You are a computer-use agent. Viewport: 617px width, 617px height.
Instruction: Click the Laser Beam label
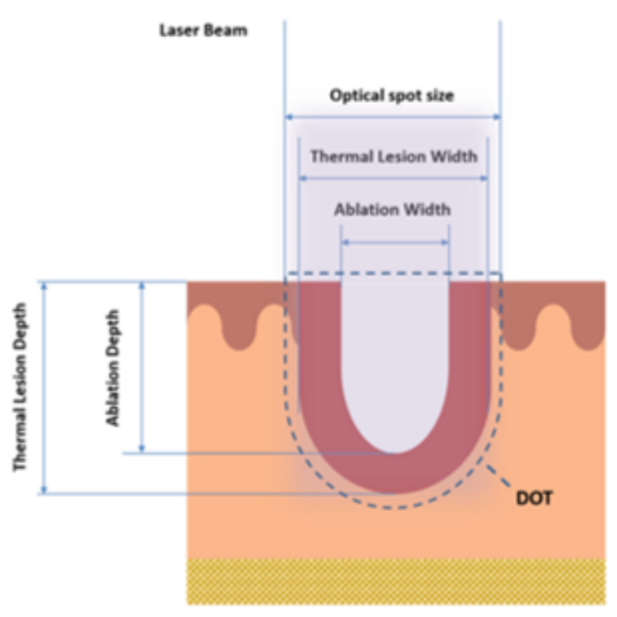pyautogui.click(x=203, y=30)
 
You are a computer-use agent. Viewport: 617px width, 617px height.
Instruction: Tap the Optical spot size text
pyautogui.click(x=392, y=96)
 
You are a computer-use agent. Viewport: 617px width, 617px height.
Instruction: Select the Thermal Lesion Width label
pyautogui.click(x=394, y=157)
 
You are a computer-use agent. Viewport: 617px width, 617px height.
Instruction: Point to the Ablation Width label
pyautogui.click(x=392, y=209)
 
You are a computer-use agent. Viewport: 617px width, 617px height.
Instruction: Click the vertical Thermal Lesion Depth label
pyautogui.click(x=20, y=387)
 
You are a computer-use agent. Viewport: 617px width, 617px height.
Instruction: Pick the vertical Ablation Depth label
pyautogui.click(x=113, y=368)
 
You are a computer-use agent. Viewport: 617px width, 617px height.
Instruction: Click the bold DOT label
pyautogui.click(x=534, y=498)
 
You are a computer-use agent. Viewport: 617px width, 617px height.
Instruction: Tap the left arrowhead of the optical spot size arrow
pyautogui.click(x=289, y=117)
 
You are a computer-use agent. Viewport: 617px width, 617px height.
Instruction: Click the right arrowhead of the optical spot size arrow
pyautogui.click(x=496, y=117)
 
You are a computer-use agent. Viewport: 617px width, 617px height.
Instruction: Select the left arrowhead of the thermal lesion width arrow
pyautogui.click(x=303, y=178)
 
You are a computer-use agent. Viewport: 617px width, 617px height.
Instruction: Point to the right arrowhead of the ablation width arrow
pyautogui.click(x=445, y=242)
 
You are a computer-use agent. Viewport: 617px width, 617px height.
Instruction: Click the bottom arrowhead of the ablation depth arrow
pyautogui.click(x=142, y=448)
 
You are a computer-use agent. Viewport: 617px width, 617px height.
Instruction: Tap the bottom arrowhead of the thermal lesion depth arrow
pyautogui.click(x=44, y=489)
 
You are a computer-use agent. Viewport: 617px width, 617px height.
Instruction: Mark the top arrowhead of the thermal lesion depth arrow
pyautogui.click(x=44, y=286)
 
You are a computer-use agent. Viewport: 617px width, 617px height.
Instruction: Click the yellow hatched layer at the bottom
pyautogui.click(x=396, y=581)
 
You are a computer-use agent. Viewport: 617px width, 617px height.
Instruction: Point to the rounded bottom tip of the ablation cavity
pyautogui.click(x=395, y=453)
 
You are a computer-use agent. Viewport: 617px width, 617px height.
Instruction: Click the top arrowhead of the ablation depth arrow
pyautogui.click(x=142, y=286)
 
